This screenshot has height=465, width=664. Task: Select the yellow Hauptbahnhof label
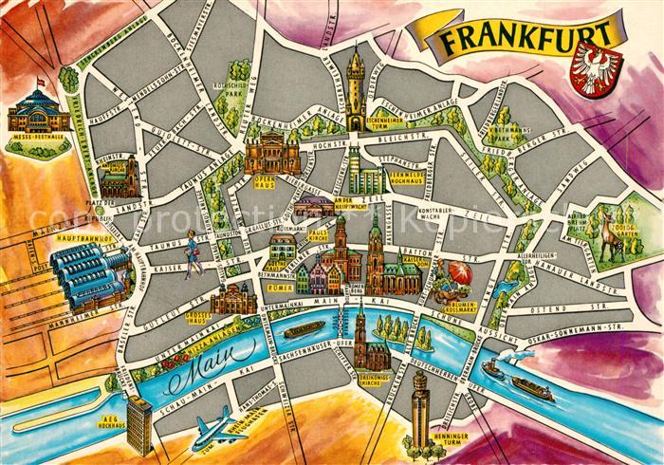(x=79, y=237)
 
